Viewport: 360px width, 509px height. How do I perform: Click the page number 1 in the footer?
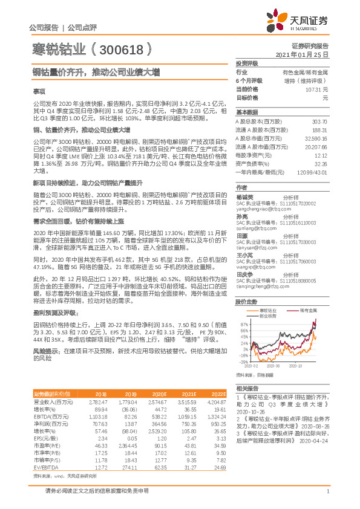[x=327, y=493]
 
